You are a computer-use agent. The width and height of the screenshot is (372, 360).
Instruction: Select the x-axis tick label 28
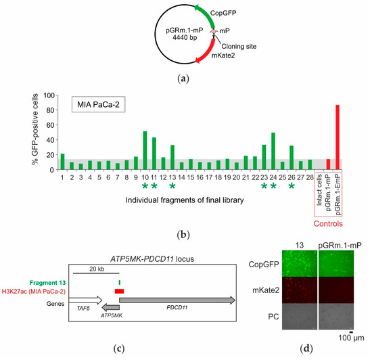click(x=310, y=177)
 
